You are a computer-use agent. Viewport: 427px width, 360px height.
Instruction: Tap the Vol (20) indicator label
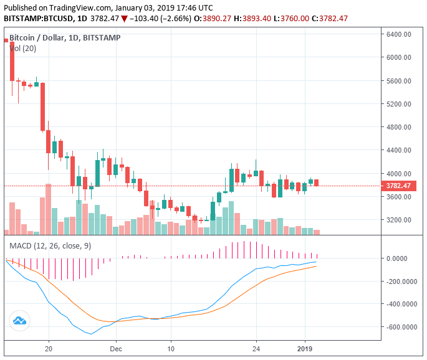coord(23,48)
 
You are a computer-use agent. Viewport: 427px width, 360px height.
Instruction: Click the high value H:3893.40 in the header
coord(249,19)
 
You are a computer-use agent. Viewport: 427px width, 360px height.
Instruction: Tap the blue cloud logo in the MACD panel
coord(19,321)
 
